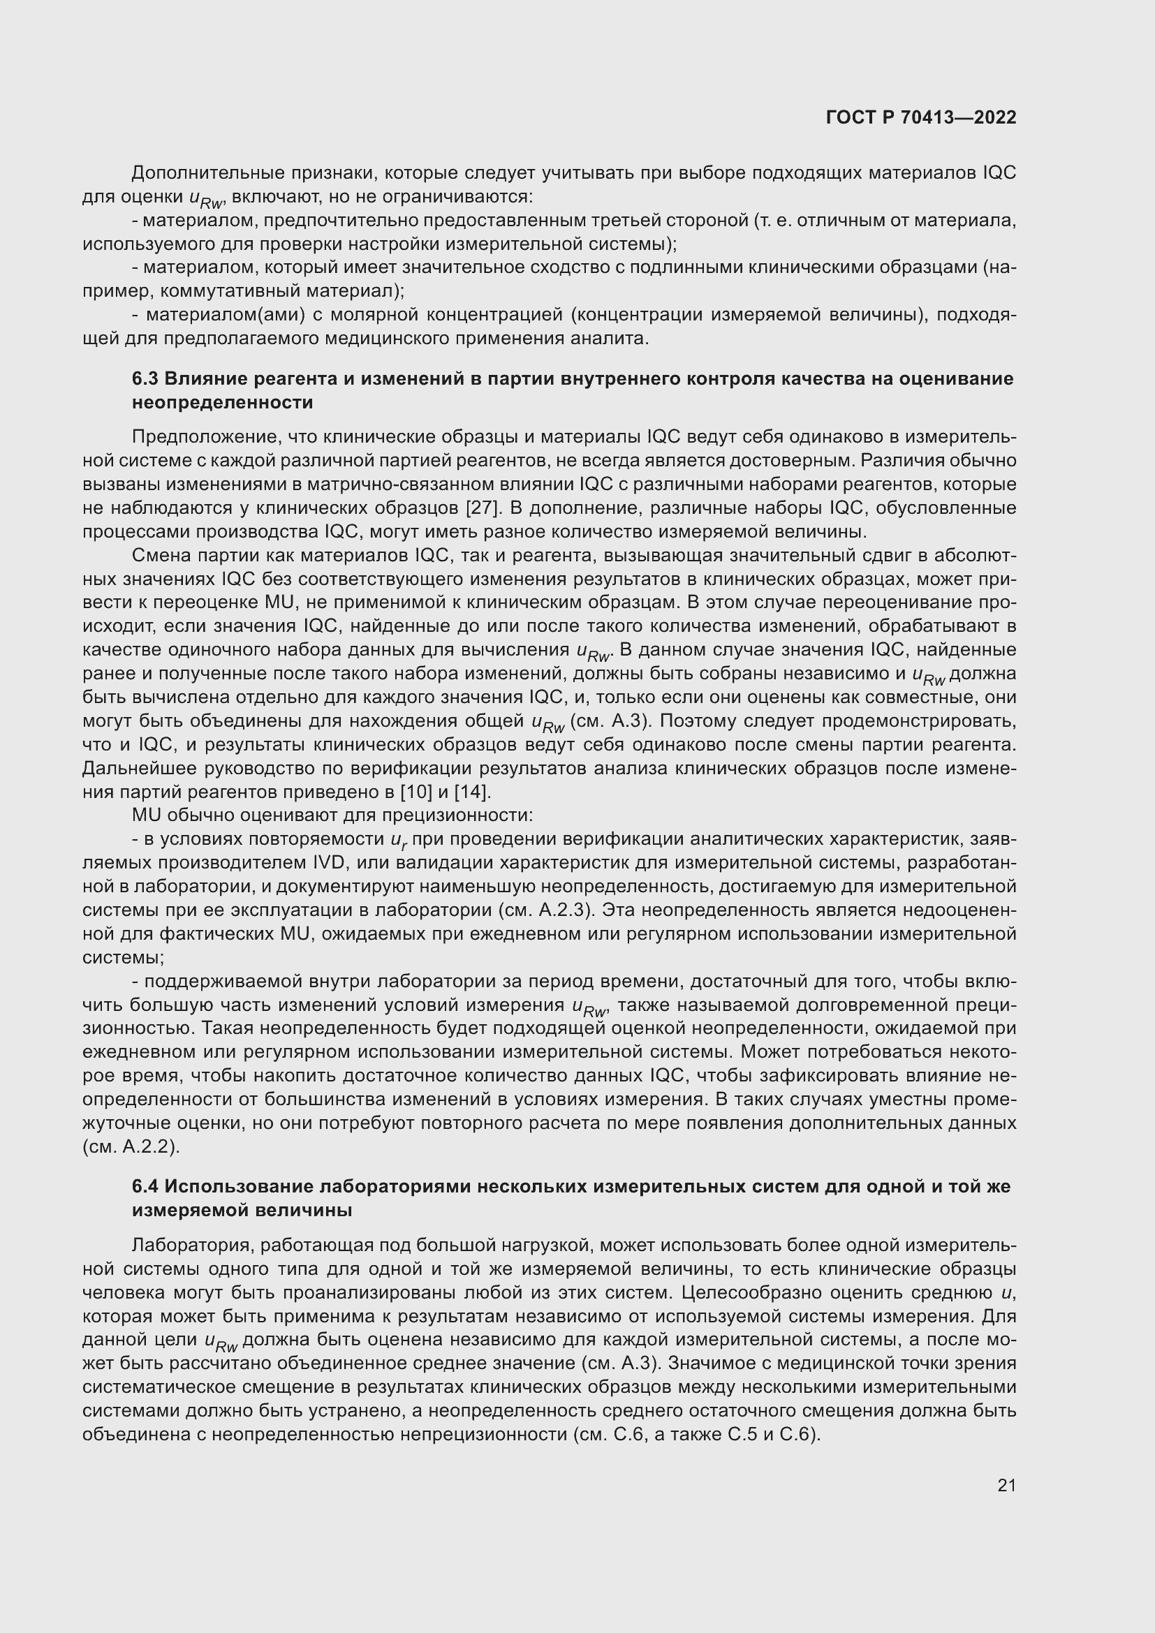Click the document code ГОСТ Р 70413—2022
921,117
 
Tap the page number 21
1006,1485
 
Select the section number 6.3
145,378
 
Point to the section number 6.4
145,1186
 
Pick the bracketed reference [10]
416,792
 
